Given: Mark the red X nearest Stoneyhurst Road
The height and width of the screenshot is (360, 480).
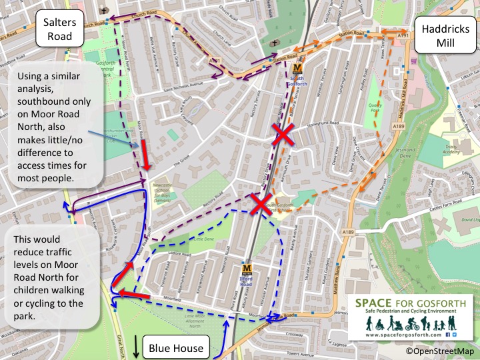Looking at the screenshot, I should tap(282, 137).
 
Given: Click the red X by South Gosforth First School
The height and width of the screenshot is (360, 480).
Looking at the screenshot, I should tap(260, 205).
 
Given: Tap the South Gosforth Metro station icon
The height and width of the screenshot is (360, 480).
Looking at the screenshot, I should tap(297, 67).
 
